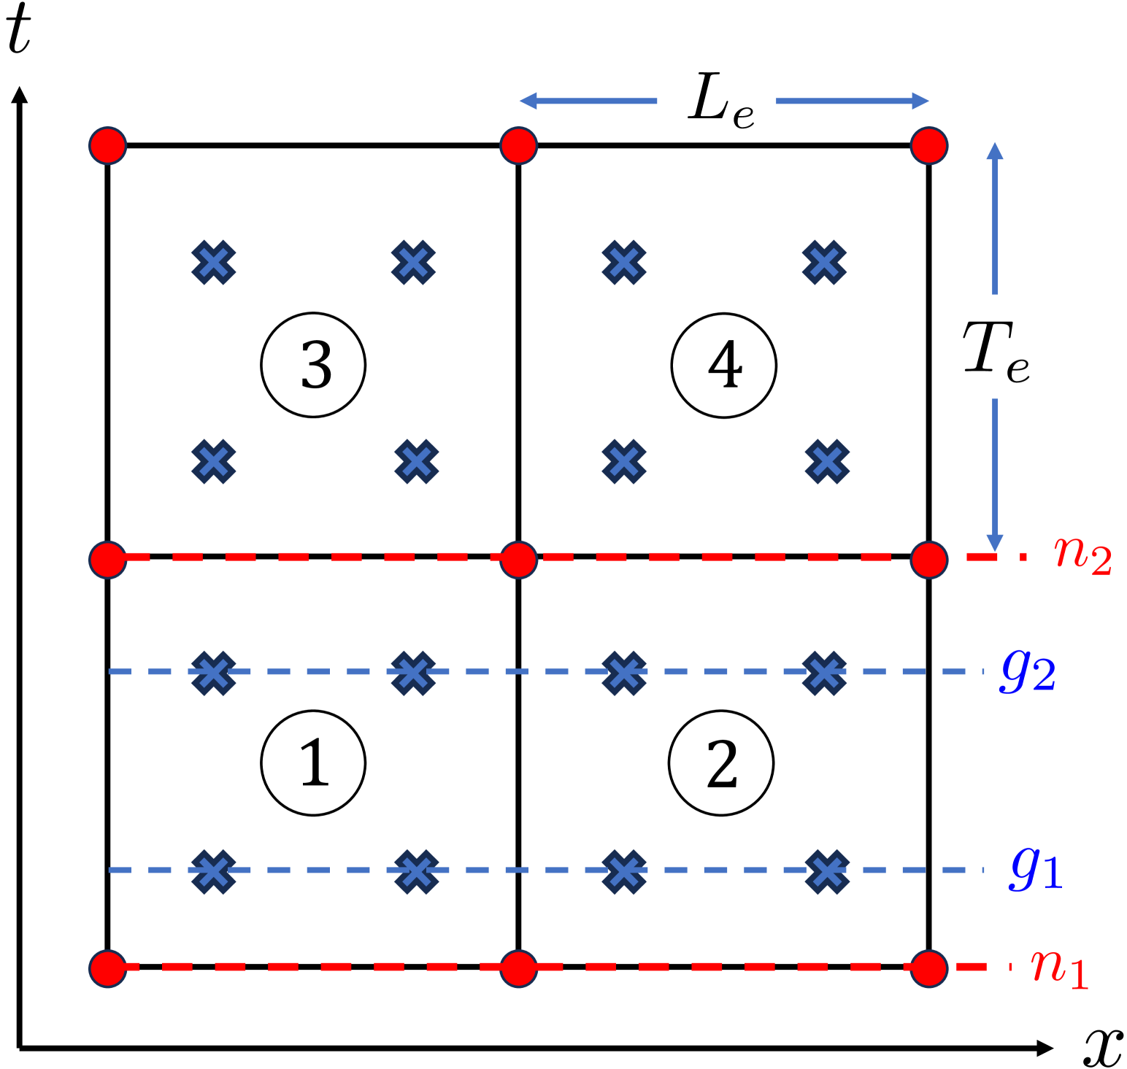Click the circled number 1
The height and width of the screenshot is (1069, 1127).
(x=313, y=763)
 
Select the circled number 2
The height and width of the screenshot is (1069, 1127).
(x=721, y=763)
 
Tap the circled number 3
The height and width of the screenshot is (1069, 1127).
(x=313, y=365)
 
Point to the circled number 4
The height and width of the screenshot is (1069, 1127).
(x=724, y=365)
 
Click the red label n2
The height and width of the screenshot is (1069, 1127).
(x=1083, y=556)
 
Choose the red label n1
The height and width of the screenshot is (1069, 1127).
(x=1059, y=968)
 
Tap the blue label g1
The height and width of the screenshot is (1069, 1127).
(x=1036, y=868)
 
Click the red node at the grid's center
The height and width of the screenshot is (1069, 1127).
(x=519, y=560)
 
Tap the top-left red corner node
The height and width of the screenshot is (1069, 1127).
(x=108, y=145)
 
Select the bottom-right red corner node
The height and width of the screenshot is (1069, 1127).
(x=929, y=968)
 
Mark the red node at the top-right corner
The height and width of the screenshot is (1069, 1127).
(x=929, y=145)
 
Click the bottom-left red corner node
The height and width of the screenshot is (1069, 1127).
(x=108, y=968)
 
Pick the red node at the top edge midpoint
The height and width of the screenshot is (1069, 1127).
(x=519, y=145)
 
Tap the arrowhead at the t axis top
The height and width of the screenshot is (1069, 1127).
(x=20, y=95)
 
